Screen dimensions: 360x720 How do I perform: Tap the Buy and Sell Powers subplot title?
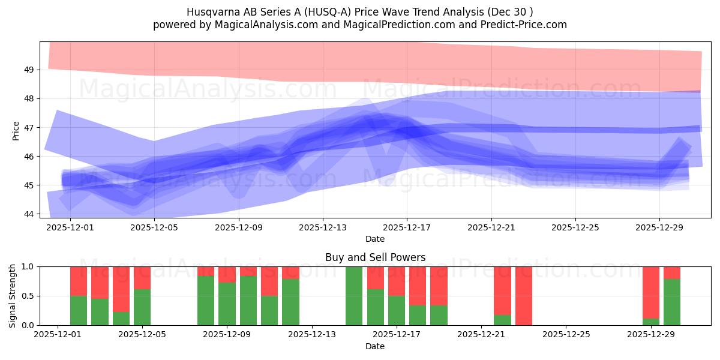coord(375,257)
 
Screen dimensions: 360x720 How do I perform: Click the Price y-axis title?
coord(16,130)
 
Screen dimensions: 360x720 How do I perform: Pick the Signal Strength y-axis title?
coord(13,296)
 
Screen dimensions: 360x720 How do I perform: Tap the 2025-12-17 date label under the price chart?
coord(407,228)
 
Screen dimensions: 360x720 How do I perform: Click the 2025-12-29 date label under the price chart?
coord(659,228)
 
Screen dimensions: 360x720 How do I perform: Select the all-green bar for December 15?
coord(354,296)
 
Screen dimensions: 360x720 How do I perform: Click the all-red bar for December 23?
coord(524,296)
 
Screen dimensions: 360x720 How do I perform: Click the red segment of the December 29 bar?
coord(651,292)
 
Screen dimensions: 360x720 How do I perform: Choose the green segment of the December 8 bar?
coord(206,301)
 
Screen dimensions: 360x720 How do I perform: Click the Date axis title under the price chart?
coord(375,239)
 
